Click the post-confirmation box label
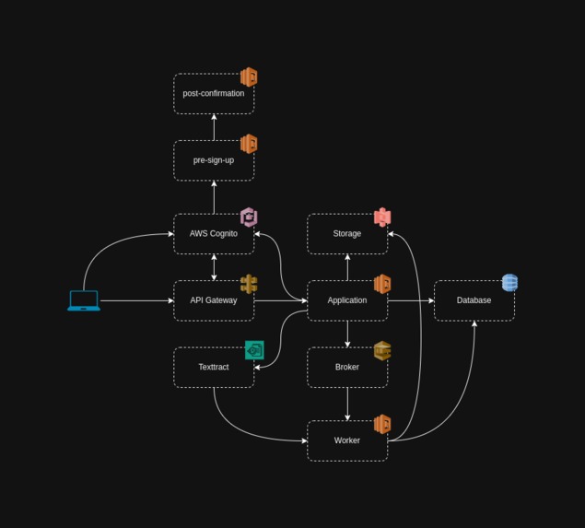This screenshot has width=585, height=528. (214, 94)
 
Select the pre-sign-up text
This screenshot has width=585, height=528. (214, 160)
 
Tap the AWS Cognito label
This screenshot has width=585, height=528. (214, 234)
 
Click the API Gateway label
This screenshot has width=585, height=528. (214, 300)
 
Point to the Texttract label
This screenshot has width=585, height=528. (214, 368)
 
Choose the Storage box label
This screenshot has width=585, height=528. (347, 234)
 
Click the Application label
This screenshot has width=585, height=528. (347, 300)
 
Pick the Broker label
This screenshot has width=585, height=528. (347, 368)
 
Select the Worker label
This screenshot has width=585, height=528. (347, 440)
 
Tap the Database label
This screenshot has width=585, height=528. (474, 300)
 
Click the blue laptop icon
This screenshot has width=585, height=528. (84, 300)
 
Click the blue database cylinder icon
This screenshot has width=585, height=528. (509, 283)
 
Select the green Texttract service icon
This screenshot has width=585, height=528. (254, 350)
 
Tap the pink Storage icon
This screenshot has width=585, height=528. (382, 217)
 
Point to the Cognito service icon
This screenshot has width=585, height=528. (249, 217)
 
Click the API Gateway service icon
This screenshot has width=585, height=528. (249, 284)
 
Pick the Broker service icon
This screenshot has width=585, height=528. (382, 350)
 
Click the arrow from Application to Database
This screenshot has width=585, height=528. (411, 300)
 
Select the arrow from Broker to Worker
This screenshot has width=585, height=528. (347, 404)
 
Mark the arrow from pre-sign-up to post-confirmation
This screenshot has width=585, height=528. (214, 127)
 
